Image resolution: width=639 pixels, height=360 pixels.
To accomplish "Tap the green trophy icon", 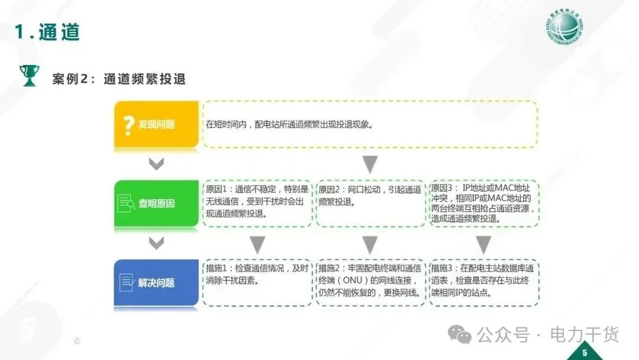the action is pyautogui.click(x=28, y=76).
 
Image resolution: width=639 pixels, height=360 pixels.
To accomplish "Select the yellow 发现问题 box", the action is pyautogui.click(x=156, y=124).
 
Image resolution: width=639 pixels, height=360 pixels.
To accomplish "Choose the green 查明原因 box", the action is pyautogui.click(x=156, y=204).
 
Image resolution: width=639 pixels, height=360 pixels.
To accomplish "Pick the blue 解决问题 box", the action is pyautogui.click(x=156, y=282).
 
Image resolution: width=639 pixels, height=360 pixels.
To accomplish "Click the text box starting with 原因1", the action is pyautogui.click(x=257, y=202).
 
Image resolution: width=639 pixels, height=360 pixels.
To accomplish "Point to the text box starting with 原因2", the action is pyautogui.click(x=370, y=202).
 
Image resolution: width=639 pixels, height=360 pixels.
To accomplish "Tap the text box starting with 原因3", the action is pyautogui.click(x=483, y=202).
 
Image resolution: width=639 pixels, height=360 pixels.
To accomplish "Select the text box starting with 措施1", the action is pyautogui.click(x=257, y=282).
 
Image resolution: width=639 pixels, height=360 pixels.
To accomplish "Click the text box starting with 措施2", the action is pyautogui.click(x=370, y=282).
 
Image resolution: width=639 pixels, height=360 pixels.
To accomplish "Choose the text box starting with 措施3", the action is pyautogui.click(x=483, y=282).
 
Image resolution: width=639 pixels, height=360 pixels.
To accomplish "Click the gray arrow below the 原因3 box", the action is pyautogui.click(x=484, y=244).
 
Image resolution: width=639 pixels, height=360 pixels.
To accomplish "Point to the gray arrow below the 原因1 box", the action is pyautogui.click(x=257, y=244).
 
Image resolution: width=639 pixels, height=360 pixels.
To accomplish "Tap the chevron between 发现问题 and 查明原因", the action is pyautogui.click(x=156, y=164).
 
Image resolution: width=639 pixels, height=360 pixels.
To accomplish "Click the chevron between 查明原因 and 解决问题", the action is pyautogui.click(x=156, y=243).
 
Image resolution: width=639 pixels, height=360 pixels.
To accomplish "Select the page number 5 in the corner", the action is pyautogui.click(x=585, y=353).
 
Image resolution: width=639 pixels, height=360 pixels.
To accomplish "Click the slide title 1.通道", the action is pyautogui.click(x=47, y=32).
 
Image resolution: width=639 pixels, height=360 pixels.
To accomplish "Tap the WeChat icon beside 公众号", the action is pyautogui.click(x=460, y=335).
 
